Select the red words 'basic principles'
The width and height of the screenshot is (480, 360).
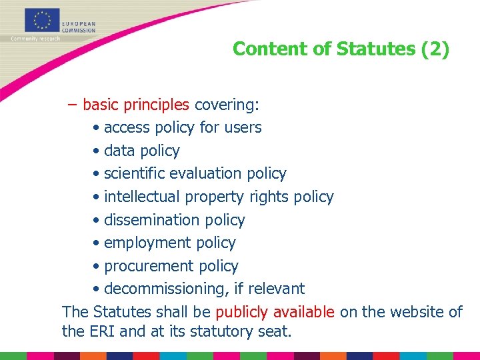(137, 105)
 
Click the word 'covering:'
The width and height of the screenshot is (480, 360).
(227, 105)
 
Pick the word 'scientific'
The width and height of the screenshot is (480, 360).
(135, 173)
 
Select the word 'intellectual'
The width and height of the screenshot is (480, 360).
(142, 197)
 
